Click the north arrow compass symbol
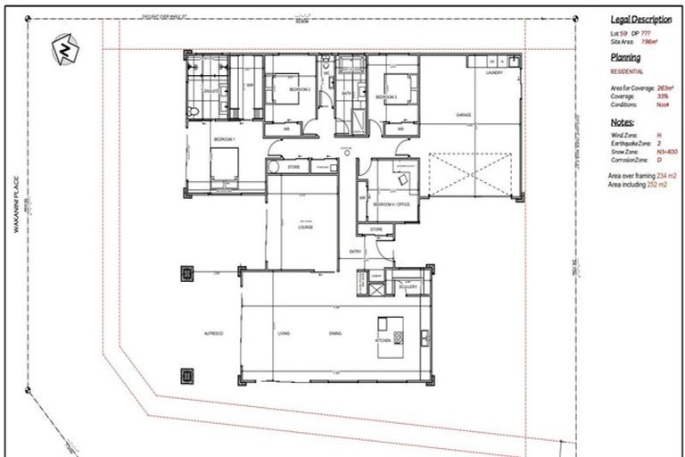(64, 48)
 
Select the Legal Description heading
(640, 20)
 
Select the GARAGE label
(463, 115)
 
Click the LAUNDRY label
(496, 74)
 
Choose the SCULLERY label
(409, 287)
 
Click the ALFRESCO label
(212, 333)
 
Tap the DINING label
(334, 333)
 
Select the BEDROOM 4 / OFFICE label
(389, 204)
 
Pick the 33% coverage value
(662, 96)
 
